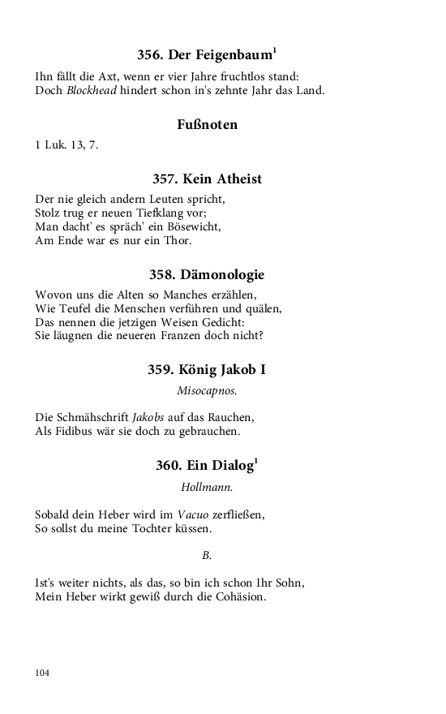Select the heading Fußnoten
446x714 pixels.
(x=207, y=125)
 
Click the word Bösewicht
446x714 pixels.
(x=191, y=226)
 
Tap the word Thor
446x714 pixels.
(x=178, y=240)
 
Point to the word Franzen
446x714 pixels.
(x=204, y=335)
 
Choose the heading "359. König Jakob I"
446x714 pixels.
(x=207, y=370)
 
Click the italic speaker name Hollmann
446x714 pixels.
(x=207, y=488)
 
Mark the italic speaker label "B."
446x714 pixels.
(x=207, y=556)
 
